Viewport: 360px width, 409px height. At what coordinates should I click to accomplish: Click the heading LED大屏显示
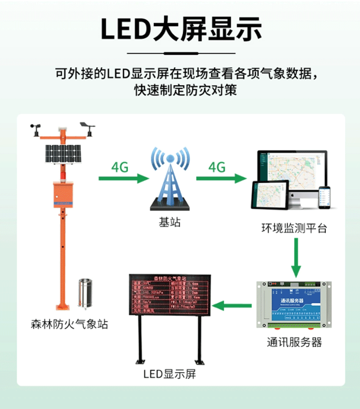(x=180, y=29)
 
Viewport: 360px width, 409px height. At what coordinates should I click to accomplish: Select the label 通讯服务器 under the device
(x=294, y=342)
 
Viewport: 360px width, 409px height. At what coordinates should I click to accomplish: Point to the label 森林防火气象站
(x=67, y=325)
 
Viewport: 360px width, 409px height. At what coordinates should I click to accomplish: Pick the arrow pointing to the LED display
(x=232, y=305)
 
